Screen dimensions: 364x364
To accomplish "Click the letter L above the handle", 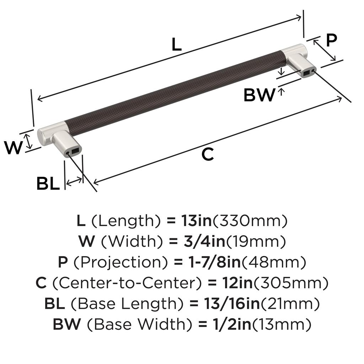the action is (176, 44).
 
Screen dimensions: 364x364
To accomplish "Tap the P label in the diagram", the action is (331, 40).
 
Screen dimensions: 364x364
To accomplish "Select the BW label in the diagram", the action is (259, 95).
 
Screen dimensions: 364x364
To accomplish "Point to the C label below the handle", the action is (208, 154).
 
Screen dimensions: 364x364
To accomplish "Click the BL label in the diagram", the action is (48, 183).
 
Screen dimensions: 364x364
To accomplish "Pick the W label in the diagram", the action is (14, 148).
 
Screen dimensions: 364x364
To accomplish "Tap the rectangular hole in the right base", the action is (306, 73).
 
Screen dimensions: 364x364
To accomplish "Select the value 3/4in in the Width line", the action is (204, 241).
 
